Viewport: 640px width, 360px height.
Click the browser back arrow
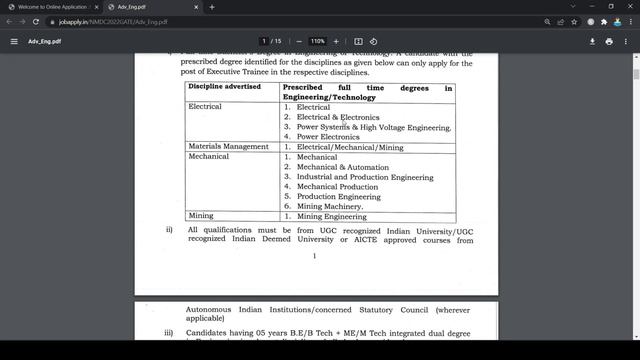pyautogui.click(x=9, y=21)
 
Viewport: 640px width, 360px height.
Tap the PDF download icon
pyautogui.click(x=593, y=41)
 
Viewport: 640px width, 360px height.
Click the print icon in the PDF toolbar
pyautogui.click(x=609, y=41)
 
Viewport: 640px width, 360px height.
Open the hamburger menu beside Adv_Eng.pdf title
pyautogui.click(x=14, y=41)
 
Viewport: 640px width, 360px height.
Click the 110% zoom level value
pyautogui.click(x=317, y=41)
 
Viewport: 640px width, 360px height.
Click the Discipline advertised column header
pyautogui.click(x=224, y=87)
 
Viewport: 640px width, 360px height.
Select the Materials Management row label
pyautogui.click(x=228, y=147)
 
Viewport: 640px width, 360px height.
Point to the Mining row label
pyautogui.click(x=200, y=216)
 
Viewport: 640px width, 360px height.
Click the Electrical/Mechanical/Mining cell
pyautogui.click(x=349, y=147)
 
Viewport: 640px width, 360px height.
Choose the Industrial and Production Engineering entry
pyautogui.click(x=365, y=177)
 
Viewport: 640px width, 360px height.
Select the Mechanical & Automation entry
pyautogui.click(x=343, y=167)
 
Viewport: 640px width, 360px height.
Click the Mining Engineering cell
pyautogui.click(x=331, y=216)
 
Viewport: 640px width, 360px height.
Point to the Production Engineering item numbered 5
pyautogui.click(x=338, y=197)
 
